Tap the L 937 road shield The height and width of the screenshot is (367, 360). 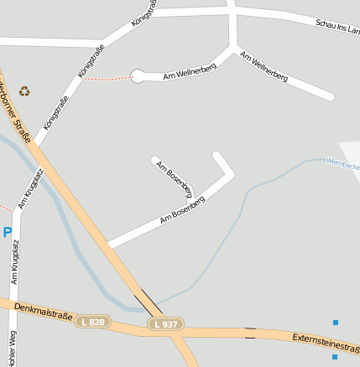[x=165, y=323]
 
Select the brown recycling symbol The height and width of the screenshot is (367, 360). [x=24, y=90]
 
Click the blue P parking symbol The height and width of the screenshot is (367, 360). [x=8, y=232]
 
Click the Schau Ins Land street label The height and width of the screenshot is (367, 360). [x=337, y=28]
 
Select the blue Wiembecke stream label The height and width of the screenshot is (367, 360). [x=342, y=163]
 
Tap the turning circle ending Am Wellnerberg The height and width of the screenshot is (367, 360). [x=138, y=76]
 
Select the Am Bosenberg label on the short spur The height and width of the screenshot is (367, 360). [x=175, y=178]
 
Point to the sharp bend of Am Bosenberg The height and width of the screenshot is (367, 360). [x=232, y=174]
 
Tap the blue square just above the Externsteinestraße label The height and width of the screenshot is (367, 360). [x=336, y=323]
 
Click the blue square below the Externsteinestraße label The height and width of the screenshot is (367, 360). [x=334, y=356]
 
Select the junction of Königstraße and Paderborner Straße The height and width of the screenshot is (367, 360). [x=35, y=145]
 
